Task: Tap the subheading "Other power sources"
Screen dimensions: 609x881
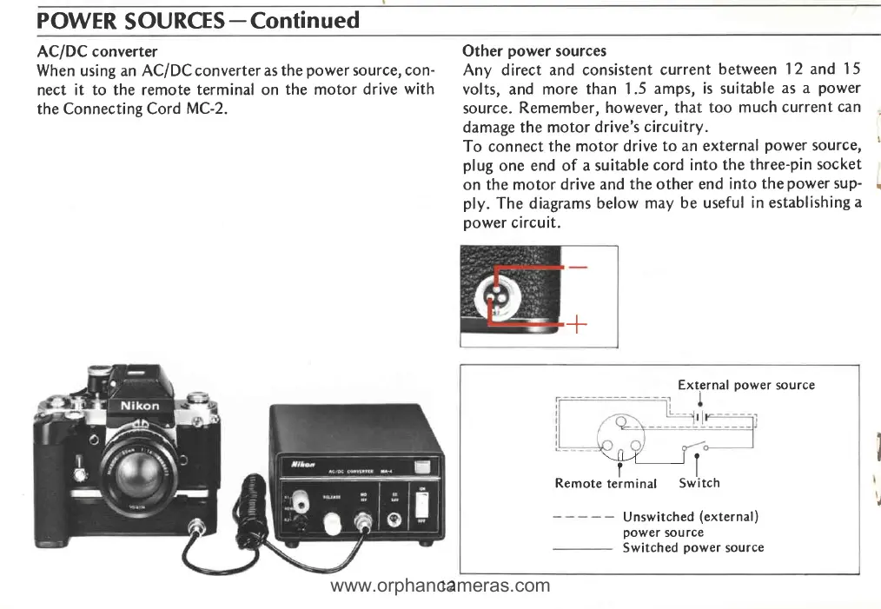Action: point(534,51)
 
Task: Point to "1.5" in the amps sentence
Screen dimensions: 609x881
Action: point(639,89)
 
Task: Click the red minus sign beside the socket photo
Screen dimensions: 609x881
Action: point(576,267)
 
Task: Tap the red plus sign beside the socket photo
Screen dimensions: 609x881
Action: point(576,326)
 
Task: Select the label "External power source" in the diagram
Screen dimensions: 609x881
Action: point(746,385)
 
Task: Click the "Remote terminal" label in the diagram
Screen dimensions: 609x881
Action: point(606,483)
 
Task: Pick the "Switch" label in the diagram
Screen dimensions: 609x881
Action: point(699,483)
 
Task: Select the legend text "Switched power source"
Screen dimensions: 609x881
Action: point(692,547)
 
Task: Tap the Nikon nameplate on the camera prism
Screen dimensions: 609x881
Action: point(139,407)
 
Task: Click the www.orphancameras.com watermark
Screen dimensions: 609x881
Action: point(440,586)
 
